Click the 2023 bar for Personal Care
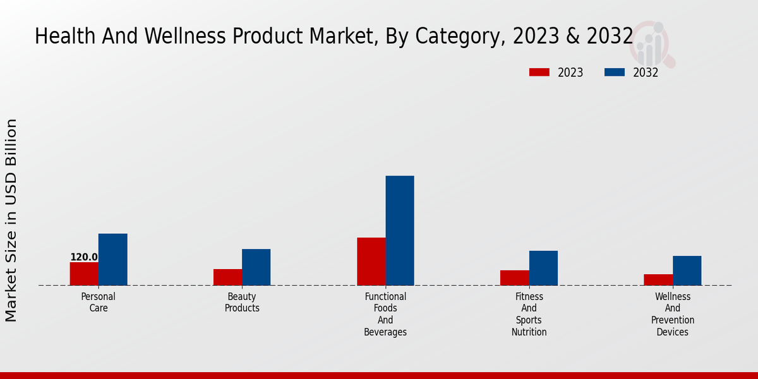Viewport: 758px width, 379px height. click(84, 274)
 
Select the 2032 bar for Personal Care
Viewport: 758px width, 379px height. click(112, 260)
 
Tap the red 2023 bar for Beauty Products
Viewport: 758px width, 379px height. click(227, 277)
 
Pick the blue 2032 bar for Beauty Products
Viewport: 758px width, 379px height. click(256, 267)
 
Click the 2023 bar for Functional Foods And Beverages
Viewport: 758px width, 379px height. click(371, 262)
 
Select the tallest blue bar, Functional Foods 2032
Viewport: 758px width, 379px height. click(400, 231)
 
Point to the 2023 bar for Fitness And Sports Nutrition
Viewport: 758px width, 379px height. click(515, 278)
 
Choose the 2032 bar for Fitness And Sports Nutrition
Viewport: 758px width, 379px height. click(543, 268)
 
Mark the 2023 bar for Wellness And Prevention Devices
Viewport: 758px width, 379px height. click(658, 280)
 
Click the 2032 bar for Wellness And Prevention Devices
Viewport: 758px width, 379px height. click(687, 270)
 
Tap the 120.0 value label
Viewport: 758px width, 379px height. click(84, 257)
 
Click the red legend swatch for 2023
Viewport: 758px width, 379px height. click(539, 73)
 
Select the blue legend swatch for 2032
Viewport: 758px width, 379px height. click(615, 73)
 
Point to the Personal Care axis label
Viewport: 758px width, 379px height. click(99, 303)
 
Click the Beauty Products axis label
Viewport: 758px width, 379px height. click(242, 303)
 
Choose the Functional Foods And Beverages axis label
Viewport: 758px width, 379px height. click(385, 314)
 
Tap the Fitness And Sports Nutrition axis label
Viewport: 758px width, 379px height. click(529, 314)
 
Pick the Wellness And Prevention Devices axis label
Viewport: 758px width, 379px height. click(673, 314)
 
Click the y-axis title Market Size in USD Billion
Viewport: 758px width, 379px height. click(11, 220)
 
